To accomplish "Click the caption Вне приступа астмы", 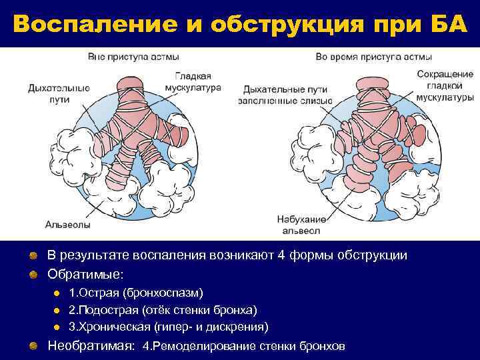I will [x=129, y=57].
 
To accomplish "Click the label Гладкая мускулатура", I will [x=193, y=82].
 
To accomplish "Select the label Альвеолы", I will [x=68, y=223].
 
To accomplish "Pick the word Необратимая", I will [x=91, y=346].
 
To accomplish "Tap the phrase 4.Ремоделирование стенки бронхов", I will [x=244, y=347].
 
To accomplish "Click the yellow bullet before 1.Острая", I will [x=57, y=293].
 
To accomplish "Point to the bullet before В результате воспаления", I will [x=33, y=256].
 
